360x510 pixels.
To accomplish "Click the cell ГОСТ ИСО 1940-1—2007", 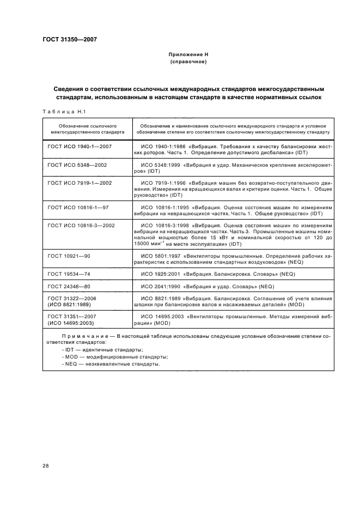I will [x=80, y=147].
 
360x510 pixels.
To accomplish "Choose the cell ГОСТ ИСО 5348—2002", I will [x=77, y=164].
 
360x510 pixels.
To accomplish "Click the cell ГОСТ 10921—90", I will [x=68, y=255].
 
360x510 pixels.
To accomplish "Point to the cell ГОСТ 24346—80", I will [x=68, y=286].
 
